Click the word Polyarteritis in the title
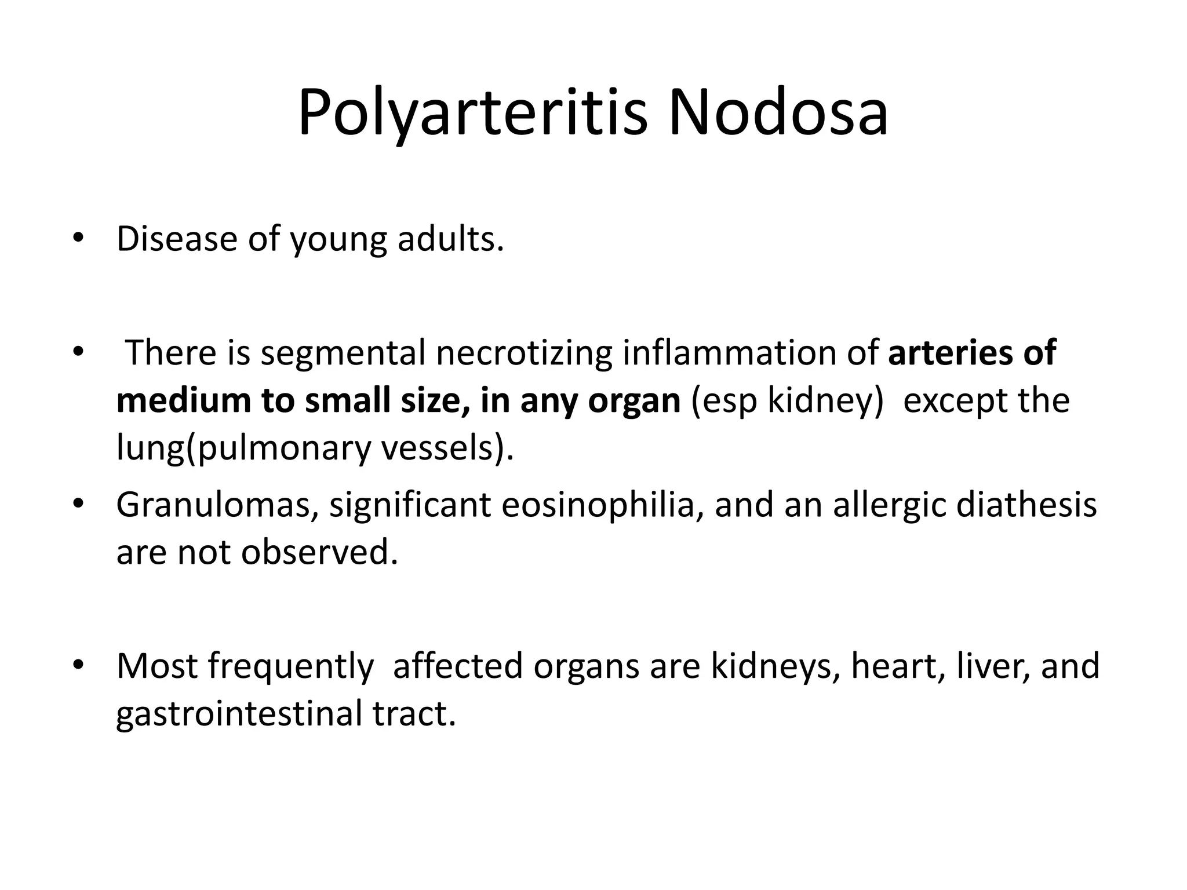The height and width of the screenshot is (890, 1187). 472,112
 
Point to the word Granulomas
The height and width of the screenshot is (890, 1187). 217,505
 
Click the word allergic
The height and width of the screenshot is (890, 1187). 890,505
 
